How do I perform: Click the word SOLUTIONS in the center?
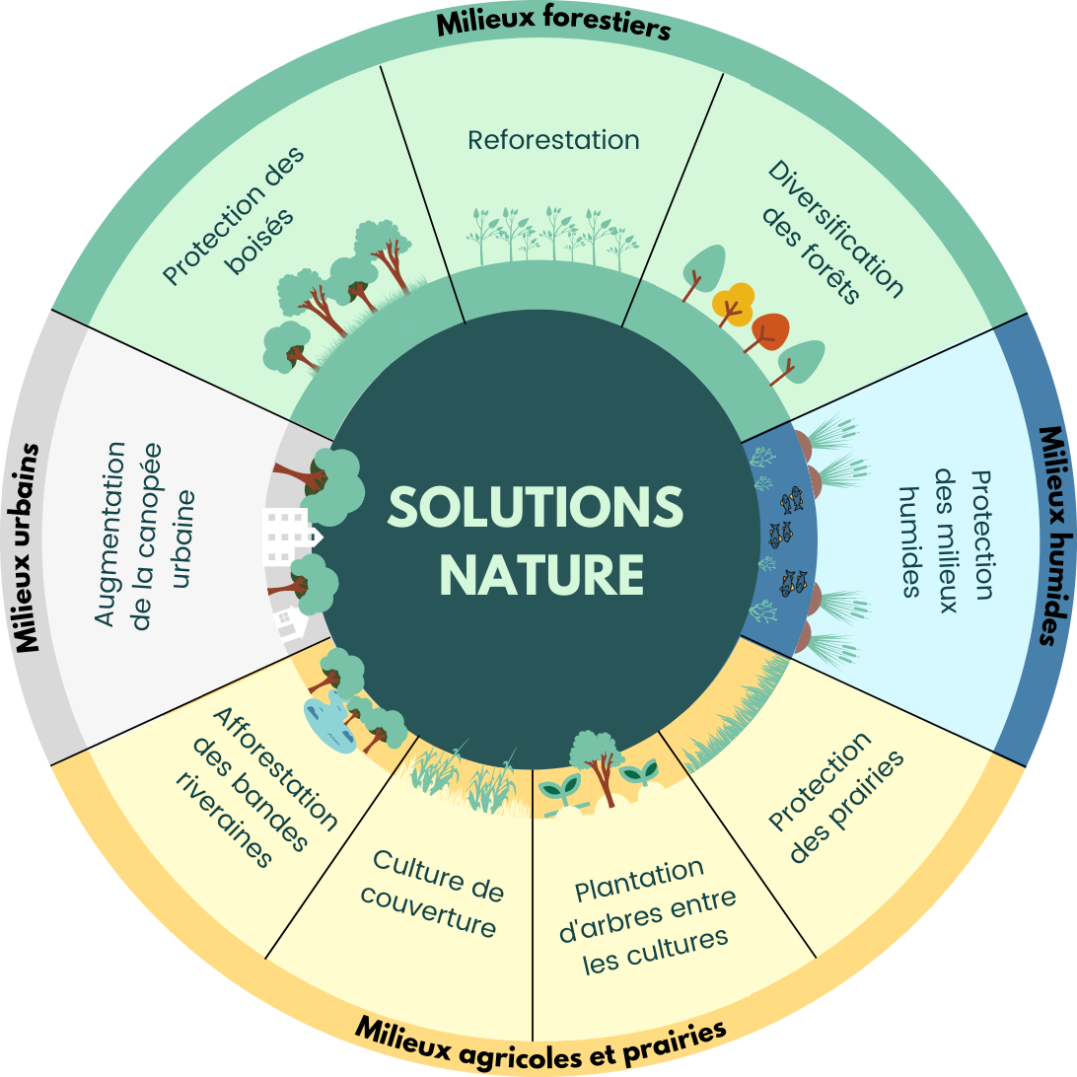tap(536, 507)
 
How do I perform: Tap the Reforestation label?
tap(553, 140)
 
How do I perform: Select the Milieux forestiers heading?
tap(553, 24)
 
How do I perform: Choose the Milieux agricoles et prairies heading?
tap(540, 1042)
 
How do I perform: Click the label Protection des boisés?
tap(235, 215)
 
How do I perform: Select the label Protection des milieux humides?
tap(947, 534)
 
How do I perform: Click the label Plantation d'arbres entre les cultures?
tap(652, 915)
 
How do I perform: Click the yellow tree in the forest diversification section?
tap(733, 301)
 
